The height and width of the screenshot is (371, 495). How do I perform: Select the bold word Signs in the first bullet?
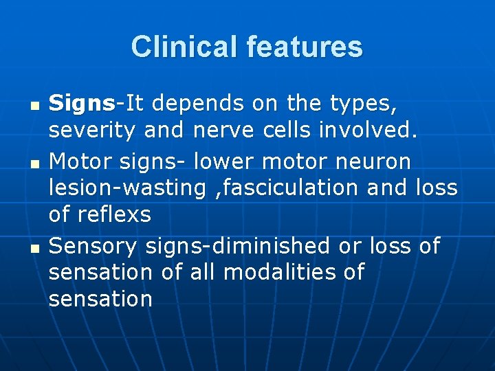pos(82,104)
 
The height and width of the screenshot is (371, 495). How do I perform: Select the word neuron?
pos(373,161)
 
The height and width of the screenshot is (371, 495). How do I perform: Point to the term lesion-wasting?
pos(127,188)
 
